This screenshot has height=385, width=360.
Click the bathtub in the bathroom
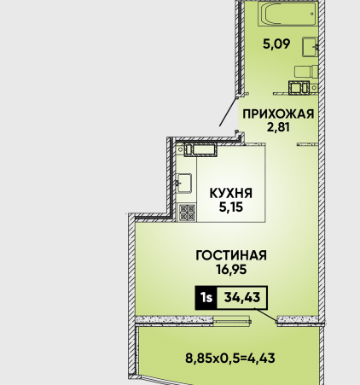[x=287, y=14]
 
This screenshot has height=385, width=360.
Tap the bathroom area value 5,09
[x=276, y=44]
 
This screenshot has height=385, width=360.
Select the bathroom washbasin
[x=311, y=47]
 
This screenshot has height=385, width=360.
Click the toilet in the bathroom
[x=306, y=72]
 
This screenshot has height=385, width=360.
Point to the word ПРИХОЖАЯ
[x=278, y=114]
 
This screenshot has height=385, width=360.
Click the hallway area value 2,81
[x=278, y=126]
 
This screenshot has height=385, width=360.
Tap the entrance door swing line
[x=228, y=112]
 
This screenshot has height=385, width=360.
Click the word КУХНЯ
[x=231, y=193]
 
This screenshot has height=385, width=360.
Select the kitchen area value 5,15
[x=231, y=207]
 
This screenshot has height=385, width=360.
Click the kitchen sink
[x=183, y=184]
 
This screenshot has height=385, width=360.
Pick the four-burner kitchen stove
[x=188, y=213]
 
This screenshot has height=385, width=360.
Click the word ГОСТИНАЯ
[x=231, y=255]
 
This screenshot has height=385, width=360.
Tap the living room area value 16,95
[x=231, y=269]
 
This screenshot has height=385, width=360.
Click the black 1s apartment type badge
[x=206, y=298]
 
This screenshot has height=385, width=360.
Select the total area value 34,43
[x=242, y=297]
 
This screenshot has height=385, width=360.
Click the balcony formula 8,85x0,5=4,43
[x=230, y=358]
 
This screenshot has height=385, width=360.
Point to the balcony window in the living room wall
[x=232, y=320]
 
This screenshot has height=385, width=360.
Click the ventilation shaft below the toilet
[x=299, y=87]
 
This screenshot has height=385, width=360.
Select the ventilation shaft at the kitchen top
[x=200, y=150]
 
